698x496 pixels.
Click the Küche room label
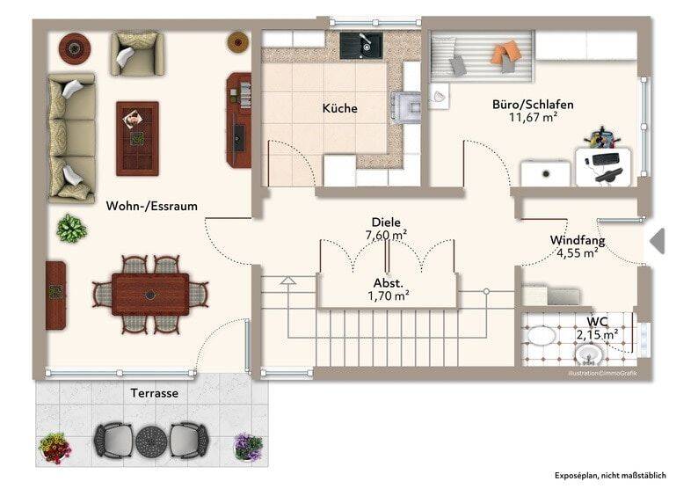click(339, 108)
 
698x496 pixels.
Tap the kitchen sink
click(361, 45)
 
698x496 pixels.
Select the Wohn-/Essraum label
click(152, 206)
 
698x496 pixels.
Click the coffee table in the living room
click(137, 138)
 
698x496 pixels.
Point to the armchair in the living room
click(137, 54)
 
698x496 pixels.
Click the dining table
click(150, 295)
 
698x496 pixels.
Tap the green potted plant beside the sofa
click(71, 229)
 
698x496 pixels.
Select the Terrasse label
click(155, 393)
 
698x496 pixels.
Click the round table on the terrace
click(151, 441)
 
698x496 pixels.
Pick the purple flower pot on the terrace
click(249, 447)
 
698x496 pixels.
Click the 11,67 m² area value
click(534, 118)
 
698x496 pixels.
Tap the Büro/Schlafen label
click(533, 105)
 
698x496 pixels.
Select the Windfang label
click(578, 240)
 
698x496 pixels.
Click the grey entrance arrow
click(658, 241)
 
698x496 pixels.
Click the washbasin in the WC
click(589, 354)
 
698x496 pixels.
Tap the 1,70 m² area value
click(389, 295)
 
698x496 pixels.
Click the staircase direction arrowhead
click(288, 281)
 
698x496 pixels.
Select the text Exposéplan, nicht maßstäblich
click(610, 476)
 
